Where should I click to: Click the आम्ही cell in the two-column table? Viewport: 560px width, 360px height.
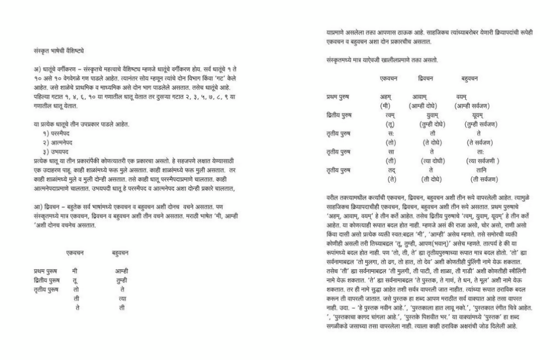pyautogui.click(x=122, y=271)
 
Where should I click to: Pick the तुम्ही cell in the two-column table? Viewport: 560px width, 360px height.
pyautogui.click(x=122, y=280)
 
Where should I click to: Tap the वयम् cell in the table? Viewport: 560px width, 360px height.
pyautogui.click(x=461, y=97)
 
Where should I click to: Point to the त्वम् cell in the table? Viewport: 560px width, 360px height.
pyautogui.click(x=390, y=115)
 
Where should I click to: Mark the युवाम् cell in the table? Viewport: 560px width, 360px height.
pyautogui.click(x=424, y=115)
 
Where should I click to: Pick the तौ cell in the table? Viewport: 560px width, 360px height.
pyautogui.click(x=425, y=133)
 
